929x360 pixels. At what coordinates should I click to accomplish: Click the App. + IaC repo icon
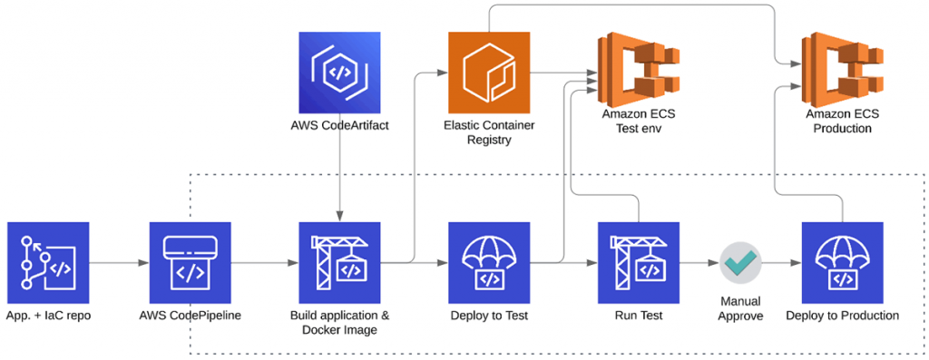point(47,262)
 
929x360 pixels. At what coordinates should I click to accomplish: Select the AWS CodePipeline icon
point(191,262)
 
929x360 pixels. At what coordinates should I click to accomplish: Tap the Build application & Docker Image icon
point(339,262)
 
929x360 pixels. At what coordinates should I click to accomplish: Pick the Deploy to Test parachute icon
point(489,262)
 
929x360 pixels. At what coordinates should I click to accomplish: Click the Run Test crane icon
point(639,262)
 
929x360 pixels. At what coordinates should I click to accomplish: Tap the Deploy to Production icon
point(842,262)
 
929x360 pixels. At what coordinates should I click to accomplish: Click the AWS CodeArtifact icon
point(339,72)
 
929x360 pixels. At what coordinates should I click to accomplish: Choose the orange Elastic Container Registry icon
point(489,72)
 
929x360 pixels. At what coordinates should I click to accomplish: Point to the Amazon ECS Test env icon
point(639,67)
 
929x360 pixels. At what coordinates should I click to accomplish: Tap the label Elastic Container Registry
point(489,132)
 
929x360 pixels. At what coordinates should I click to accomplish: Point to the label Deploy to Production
point(842,316)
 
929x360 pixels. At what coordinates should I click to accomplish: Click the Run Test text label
point(639,316)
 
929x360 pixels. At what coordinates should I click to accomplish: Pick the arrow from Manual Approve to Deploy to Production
point(782,263)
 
